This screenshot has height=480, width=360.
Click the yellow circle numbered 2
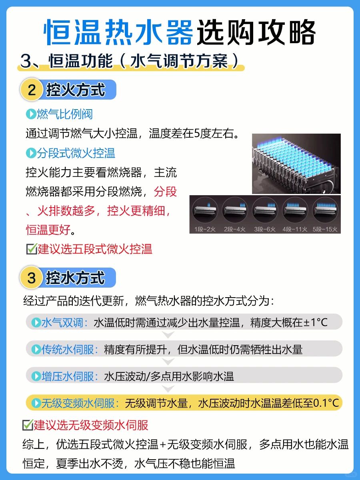click(x=32, y=90)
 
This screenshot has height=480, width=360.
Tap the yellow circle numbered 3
click(x=32, y=278)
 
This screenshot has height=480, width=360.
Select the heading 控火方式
click(x=76, y=90)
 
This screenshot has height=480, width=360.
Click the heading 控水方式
click(x=75, y=278)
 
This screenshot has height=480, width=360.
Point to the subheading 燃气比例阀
click(x=65, y=114)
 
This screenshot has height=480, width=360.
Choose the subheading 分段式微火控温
click(x=76, y=153)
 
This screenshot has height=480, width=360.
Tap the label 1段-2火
click(x=205, y=229)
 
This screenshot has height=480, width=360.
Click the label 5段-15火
click(x=325, y=229)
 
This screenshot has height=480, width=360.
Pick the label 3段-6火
click(x=265, y=229)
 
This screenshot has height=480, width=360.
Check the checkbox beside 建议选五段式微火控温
click(x=32, y=249)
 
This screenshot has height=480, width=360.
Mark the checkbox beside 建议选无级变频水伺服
click(x=28, y=425)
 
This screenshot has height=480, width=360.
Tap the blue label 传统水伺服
click(x=68, y=350)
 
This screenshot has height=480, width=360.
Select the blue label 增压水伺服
click(x=68, y=376)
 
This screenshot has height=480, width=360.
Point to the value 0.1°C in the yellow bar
click(x=326, y=403)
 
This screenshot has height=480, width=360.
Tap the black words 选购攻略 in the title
click(x=256, y=32)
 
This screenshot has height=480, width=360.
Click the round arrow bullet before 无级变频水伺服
click(x=36, y=403)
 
